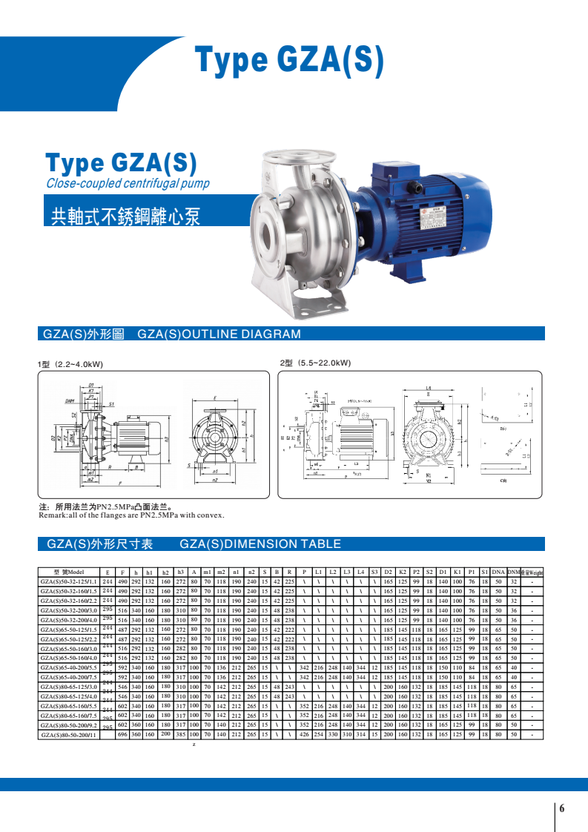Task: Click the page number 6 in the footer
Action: [x=562, y=808]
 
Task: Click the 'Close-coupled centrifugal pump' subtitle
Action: [x=128, y=184]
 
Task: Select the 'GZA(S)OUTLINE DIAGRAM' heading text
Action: [x=219, y=334]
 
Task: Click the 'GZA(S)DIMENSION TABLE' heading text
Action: [x=260, y=544]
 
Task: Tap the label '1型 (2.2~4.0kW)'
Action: [x=70, y=365]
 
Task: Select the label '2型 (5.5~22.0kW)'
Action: [x=315, y=363]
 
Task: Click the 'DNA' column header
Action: [x=498, y=572]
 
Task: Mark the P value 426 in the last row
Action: [x=303, y=734]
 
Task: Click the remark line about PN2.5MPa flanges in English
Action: [x=131, y=515]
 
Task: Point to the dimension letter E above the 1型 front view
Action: [x=215, y=397]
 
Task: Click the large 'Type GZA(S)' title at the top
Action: [x=289, y=61]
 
